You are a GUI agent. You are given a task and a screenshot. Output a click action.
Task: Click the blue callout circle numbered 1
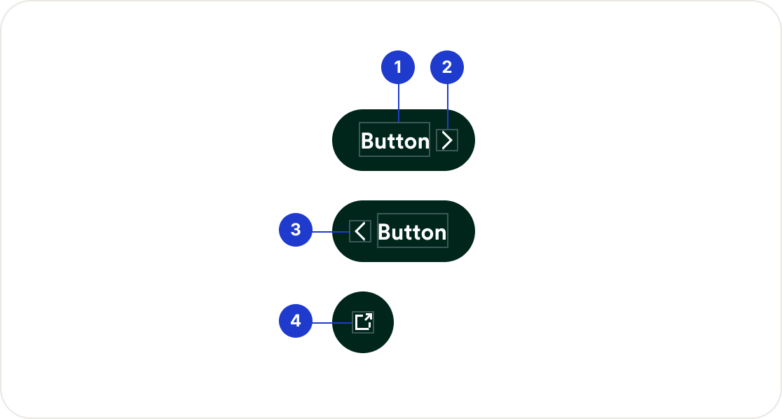[x=398, y=68]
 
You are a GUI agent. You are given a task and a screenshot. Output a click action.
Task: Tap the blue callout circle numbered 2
[x=447, y=68]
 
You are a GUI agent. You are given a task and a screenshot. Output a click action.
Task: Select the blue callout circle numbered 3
[x=296, y=230]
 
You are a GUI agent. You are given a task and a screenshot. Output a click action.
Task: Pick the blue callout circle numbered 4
[x=296, y=322]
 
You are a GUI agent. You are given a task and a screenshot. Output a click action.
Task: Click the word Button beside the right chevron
[x=395, y=141]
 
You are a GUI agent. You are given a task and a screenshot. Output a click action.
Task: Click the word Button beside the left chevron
[x=412, y=232]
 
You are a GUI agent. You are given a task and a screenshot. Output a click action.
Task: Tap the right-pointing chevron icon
[x=447, y=140]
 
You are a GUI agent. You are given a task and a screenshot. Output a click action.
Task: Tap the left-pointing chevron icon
[x=360, y=231]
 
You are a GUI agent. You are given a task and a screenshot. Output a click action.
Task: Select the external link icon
[x=363, y=322]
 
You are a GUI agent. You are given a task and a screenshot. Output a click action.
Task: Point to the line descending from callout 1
[x=398, y=104]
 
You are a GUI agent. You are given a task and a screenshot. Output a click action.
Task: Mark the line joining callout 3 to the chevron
[x=331, y=231]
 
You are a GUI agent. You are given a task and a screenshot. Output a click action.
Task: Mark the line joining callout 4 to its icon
[x=332, y=322]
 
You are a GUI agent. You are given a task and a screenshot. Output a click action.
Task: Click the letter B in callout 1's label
[x=368, y=141]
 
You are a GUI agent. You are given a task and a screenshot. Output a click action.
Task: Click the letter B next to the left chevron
[x=385, y=232]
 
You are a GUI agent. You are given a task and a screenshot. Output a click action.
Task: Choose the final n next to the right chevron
[x=423, y=142]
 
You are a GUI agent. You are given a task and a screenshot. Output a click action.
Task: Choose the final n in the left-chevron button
[x=440, y=233]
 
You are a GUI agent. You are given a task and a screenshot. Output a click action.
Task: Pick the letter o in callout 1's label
[x=410, y=142]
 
